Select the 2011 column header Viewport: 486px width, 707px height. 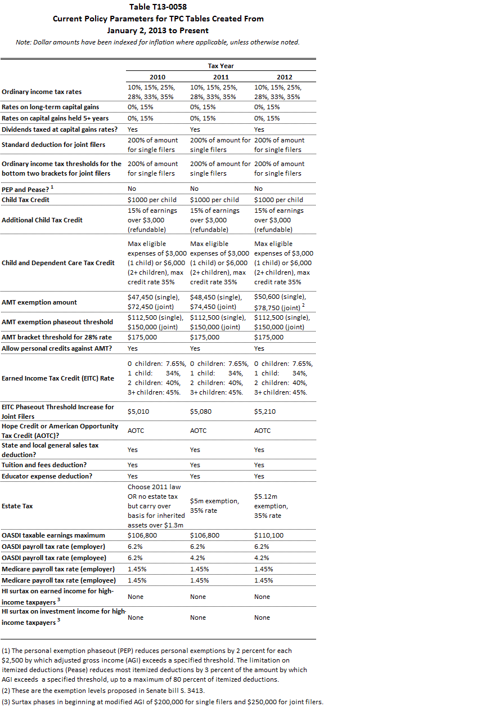(221, 77)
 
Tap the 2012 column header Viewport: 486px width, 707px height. (284, 77)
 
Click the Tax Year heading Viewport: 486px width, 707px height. (220, 66)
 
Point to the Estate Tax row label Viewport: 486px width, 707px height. (17, 506)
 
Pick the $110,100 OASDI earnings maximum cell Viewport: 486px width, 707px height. (269, 535)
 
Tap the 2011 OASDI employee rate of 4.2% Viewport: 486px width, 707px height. (199, 558)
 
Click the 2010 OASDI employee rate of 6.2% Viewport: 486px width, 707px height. (136, 558)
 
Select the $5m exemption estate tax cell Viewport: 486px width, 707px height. (214, 506)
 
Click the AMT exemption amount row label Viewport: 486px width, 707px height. (39, 302)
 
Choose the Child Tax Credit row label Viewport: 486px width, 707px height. (25, 200)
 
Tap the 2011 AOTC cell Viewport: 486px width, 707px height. (199, 431)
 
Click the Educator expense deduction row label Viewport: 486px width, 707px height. (47, 476)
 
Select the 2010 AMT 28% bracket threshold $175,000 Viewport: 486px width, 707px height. (142, 337)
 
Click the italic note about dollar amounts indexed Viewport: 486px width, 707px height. (157, 42)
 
